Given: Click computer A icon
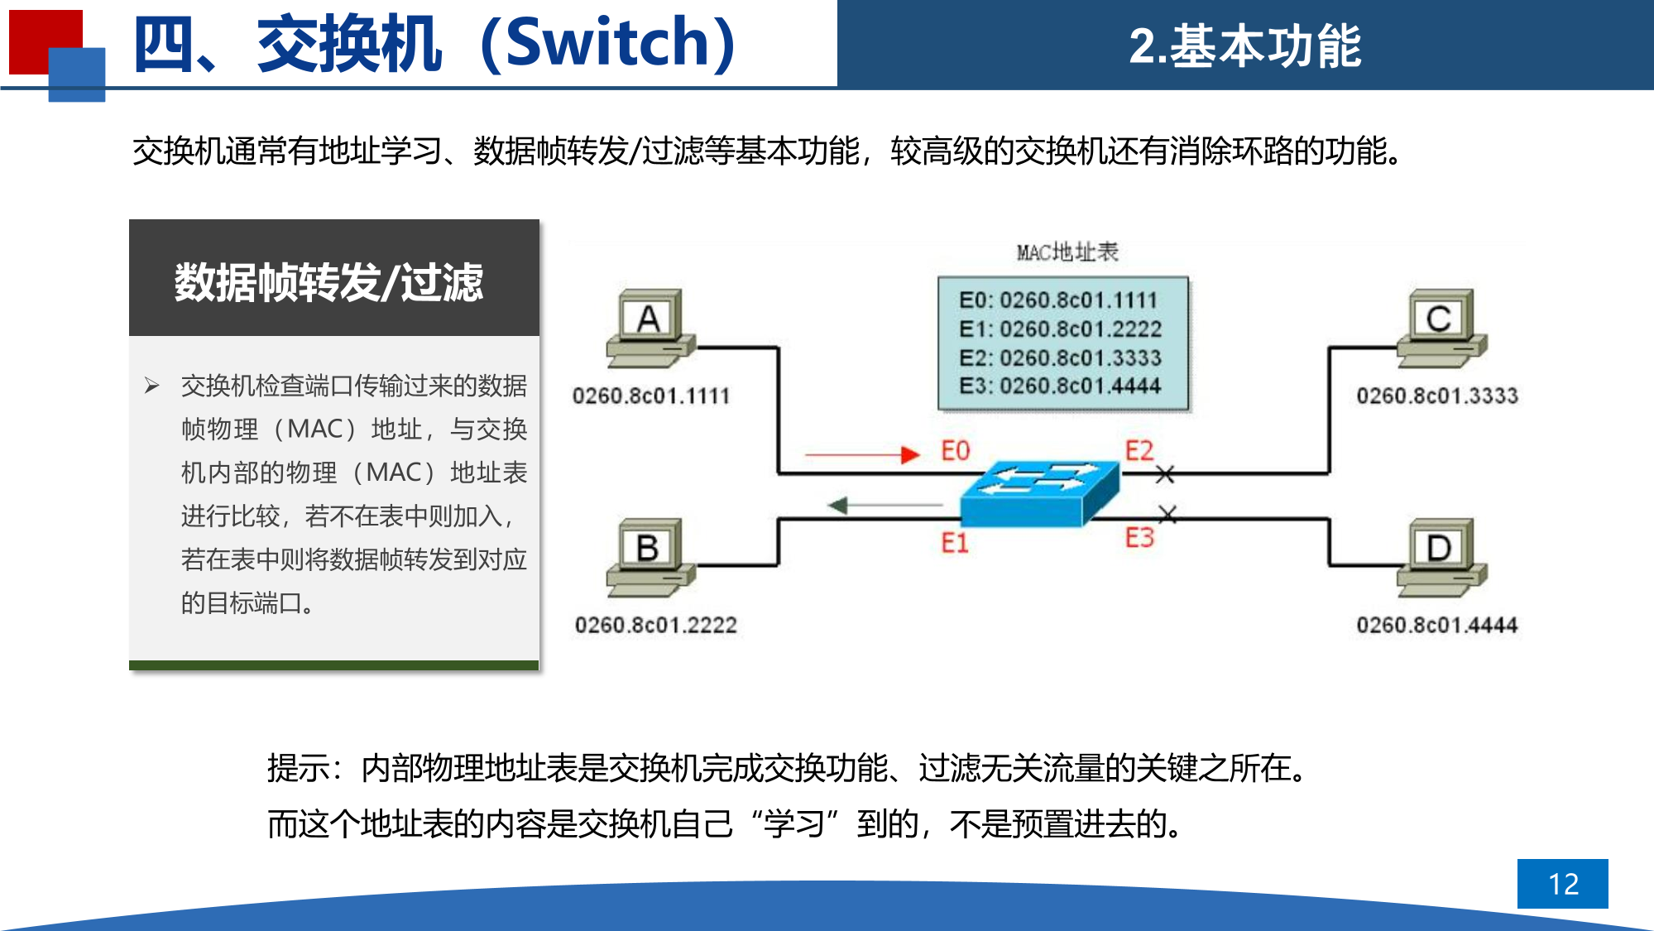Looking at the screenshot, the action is [651, 329].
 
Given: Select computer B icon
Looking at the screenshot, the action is [651, 558].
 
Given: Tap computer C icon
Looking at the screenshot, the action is [1442, 329].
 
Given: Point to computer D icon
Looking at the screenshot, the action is [1442, 558].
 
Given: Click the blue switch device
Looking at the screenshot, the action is [1040, 493].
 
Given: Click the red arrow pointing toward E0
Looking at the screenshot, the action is [862, 454].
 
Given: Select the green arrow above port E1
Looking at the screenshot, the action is [885, 505].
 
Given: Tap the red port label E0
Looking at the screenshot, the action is [955, 451].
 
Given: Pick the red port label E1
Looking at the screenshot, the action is [954, 543].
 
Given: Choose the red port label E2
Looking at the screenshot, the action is [1139, 451].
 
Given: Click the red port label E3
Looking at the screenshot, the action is [1139, 538].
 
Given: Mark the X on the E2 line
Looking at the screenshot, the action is [1165, 474].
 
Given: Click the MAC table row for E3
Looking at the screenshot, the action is [1060, 386].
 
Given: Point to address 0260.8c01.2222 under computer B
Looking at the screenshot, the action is [655, 625].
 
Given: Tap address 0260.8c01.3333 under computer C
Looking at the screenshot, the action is [1437, 396].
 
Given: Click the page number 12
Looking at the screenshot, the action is [1563, 884].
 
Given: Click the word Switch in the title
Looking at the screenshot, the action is [607, 43].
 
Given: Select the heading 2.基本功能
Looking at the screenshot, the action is [1245, 46].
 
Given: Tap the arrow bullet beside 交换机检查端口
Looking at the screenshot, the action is [151, 386].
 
